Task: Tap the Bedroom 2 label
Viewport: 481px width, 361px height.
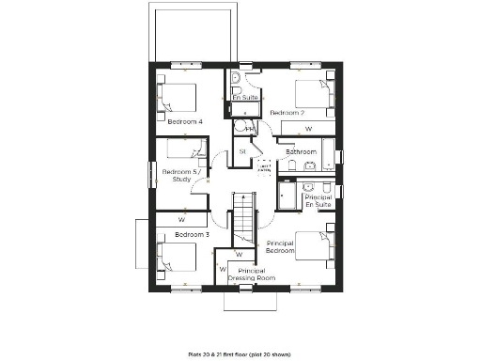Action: (x=287, y=112)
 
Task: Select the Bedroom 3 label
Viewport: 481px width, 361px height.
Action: (x=192, y=233)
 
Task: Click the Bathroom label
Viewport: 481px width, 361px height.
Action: (x=301, y=151)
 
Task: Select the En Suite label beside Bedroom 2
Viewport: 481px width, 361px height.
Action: (x=245, y=97)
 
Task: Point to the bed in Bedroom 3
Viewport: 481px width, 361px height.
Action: (x=177, y=259)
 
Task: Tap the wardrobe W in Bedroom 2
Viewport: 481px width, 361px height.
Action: (x=308, y=128)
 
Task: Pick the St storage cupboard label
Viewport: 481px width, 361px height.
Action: (x=241, y=151)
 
